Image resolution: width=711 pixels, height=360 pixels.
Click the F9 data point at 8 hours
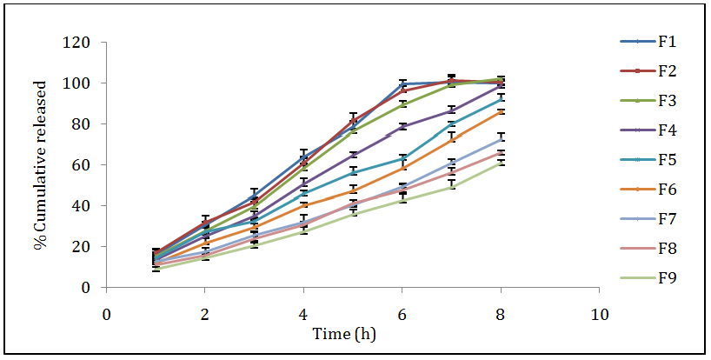(x=501, y=162)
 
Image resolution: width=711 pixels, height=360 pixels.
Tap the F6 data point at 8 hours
(x=501, y=111)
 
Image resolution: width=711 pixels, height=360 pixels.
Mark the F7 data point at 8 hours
(x=501, y=139)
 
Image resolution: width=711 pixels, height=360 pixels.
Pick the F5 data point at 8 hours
(x=501, y=98)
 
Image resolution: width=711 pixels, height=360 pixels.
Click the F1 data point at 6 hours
(x=402, y=84)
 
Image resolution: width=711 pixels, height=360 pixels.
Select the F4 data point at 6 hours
(x=402, y=127)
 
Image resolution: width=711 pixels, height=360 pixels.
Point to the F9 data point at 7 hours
(x=451, y=186)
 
